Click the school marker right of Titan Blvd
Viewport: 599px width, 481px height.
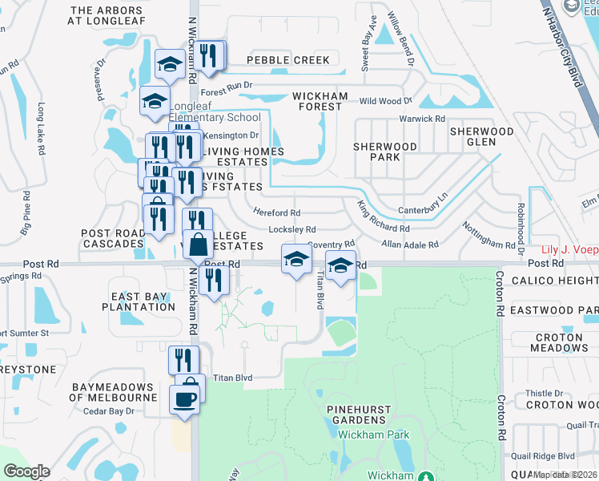(x=340, y=266)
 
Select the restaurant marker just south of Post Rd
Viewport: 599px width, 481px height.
(x=214, y=281)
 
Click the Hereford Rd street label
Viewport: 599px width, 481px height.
(x=276, y=213)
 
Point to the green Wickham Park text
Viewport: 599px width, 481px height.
(x=373, y=435)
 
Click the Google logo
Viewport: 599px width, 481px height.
(x=26, y=471)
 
